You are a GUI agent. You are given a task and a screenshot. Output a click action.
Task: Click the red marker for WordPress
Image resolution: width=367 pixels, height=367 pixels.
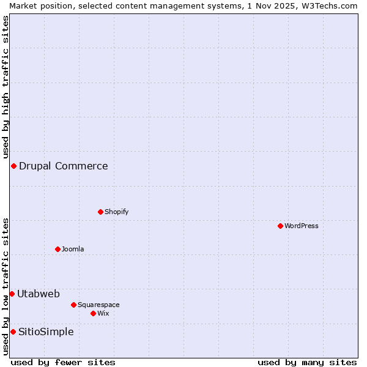280,226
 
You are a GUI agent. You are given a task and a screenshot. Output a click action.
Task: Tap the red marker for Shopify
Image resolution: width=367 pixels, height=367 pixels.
100,212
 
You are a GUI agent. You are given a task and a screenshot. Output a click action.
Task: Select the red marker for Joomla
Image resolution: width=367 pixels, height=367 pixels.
57,249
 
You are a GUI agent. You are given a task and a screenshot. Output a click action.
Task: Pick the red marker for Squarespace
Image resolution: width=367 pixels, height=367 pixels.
73,305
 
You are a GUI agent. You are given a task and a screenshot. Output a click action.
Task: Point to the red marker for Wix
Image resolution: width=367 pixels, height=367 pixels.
93,313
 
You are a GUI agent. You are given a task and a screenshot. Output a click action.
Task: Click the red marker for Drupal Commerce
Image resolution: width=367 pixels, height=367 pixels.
13,166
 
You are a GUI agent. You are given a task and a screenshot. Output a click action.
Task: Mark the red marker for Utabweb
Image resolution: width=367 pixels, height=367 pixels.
12,294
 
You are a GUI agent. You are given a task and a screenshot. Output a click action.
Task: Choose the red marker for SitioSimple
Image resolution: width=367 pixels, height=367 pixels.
13,332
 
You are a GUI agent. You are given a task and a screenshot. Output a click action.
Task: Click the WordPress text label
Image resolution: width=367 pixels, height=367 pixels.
302,226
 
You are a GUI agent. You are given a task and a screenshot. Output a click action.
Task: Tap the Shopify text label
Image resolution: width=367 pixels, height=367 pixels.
116,212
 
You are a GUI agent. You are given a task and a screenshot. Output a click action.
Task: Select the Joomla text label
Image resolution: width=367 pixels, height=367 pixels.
73,249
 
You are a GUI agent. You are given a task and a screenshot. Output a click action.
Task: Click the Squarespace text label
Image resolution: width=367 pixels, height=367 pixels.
98,305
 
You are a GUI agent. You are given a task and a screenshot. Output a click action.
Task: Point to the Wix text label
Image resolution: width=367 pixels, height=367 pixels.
103,313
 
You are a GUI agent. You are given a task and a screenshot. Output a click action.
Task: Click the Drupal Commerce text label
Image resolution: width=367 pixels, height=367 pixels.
63,166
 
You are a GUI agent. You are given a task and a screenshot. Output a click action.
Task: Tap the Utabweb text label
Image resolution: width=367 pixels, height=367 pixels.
38,294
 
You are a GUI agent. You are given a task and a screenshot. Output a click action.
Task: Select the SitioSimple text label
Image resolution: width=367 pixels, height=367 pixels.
46,332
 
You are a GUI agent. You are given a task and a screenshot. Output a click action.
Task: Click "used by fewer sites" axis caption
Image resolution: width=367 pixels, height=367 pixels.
63,362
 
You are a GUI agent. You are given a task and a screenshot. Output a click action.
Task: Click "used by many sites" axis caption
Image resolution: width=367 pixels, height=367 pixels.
307,362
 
